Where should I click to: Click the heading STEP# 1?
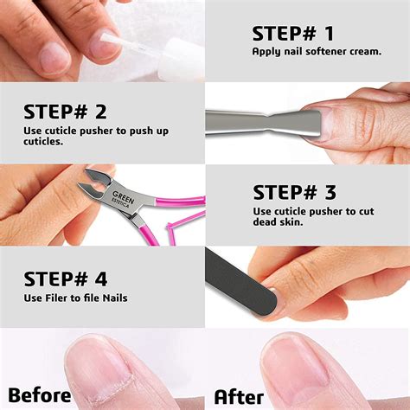tap(292, 34)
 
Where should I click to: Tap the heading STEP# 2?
tap(65, 112)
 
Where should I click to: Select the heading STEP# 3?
tap(293, 192)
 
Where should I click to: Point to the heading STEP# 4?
tap(66, 279)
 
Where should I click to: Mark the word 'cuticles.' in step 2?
tap(44, 142)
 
